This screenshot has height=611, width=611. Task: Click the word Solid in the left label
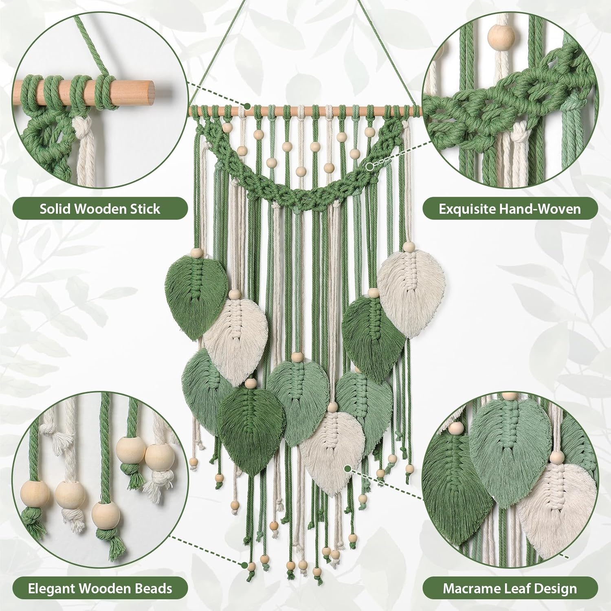coord(56,209)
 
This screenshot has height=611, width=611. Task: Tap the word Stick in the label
coord(145,209)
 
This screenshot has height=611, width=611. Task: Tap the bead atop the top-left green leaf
coord(197,253)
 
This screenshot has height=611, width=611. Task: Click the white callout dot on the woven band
coord(370,166)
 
